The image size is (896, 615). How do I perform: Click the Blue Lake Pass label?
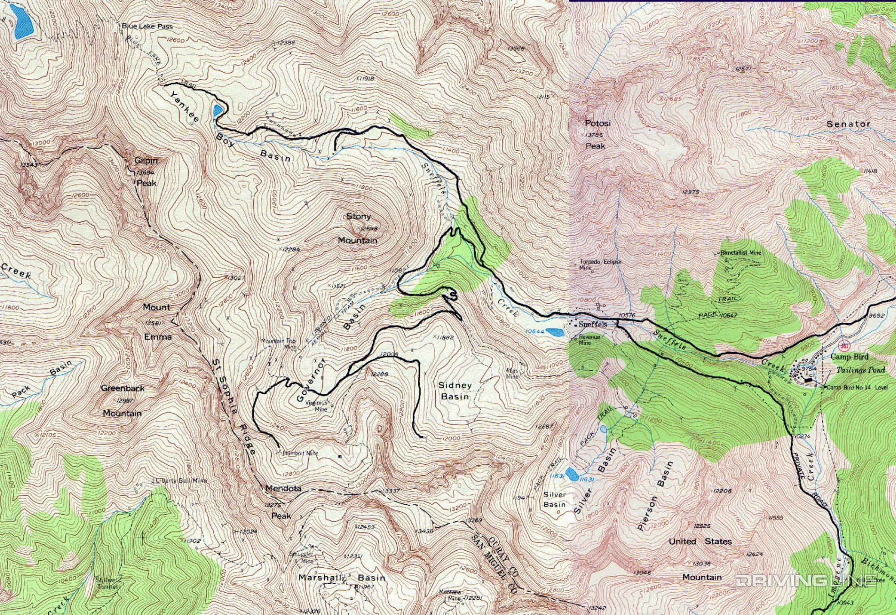click(147, 27)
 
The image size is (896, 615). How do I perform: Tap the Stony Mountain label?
click(358, 228)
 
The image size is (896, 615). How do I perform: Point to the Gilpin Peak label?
click(146, 172)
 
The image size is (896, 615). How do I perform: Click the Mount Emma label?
click(157, 322)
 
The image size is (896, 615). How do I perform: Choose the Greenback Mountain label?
click(123, 401)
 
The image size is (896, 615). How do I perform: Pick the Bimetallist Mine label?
click(741, 252)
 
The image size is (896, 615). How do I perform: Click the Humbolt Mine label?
click(300, 453)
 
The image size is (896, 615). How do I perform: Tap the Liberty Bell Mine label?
click(181, 480)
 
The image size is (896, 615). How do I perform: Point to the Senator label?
click(848, 124)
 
